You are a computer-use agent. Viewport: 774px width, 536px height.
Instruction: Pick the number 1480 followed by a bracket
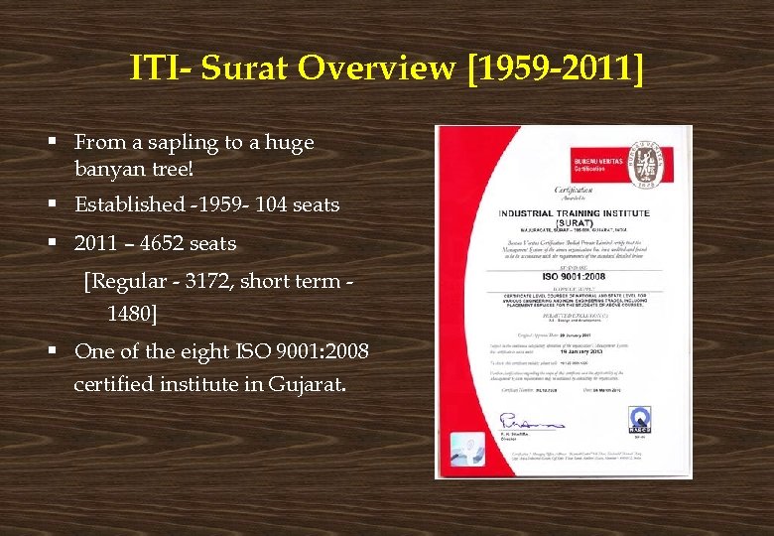pyautogui.click(x=129, y=315)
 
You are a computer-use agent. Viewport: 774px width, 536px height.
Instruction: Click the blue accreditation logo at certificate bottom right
pyautogui.click(x=640, y=418)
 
